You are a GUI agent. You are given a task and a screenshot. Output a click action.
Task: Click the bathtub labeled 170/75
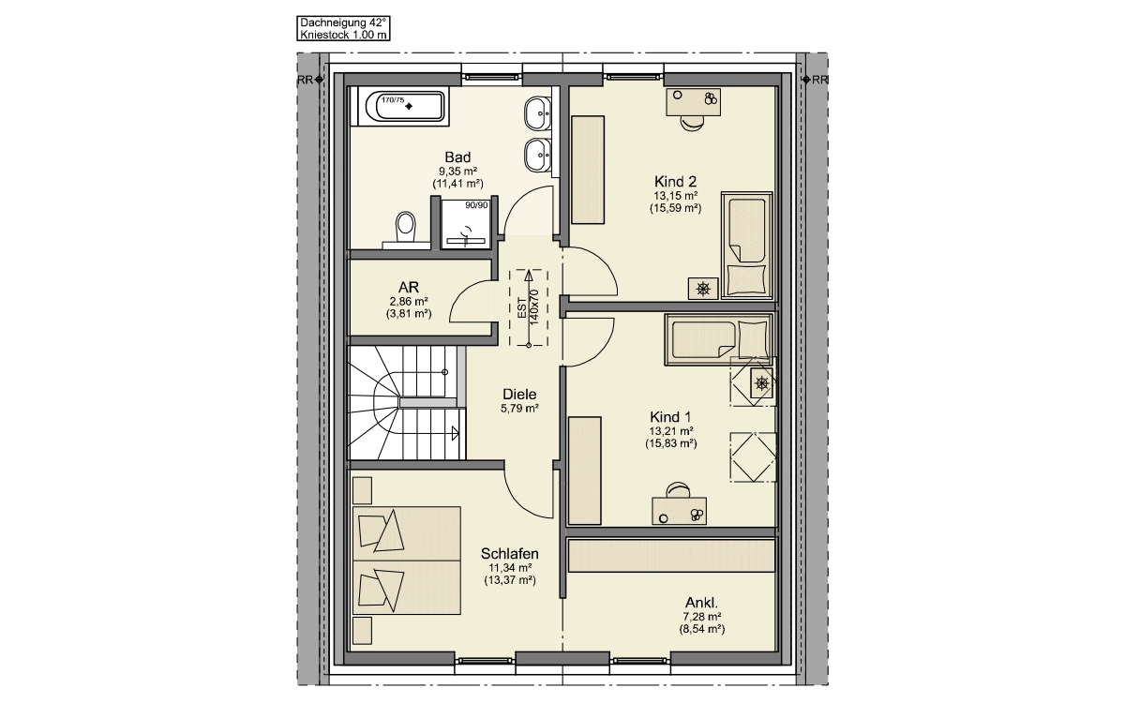tap(410, 106)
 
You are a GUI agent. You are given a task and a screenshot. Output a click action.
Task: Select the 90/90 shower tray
tap(466, 224)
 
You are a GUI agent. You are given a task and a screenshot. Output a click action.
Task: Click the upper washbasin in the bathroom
tap(538, 113)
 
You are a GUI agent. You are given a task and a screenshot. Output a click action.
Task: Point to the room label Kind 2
tap(675, 181)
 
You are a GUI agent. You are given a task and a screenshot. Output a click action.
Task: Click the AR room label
tap(409, 287)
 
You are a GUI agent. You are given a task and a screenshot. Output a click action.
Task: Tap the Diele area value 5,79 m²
tap(519, 409)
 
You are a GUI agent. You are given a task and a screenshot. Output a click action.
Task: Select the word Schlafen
tap(510, 553)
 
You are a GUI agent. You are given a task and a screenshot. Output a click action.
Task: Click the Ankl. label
tap(701, 603)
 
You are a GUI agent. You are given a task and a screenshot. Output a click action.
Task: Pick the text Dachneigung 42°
tap(343, 22)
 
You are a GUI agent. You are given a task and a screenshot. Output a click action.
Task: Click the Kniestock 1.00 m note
tap(343, 35)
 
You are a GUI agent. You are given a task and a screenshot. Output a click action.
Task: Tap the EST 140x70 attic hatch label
tap(528, 307)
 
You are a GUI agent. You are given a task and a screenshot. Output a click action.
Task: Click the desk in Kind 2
tap(693, 102)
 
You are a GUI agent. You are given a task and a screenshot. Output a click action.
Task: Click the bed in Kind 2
tap(747, 245)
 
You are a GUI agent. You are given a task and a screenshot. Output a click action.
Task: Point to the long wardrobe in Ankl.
tap(671, 555)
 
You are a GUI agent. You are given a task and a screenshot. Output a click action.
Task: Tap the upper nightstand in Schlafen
tap(362, 490)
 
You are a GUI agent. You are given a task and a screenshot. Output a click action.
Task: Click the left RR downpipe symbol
tap(319, 80)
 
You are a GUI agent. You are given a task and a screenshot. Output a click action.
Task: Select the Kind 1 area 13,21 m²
tap(671, 431)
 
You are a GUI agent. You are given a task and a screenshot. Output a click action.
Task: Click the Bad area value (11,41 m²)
tap(457, 184)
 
